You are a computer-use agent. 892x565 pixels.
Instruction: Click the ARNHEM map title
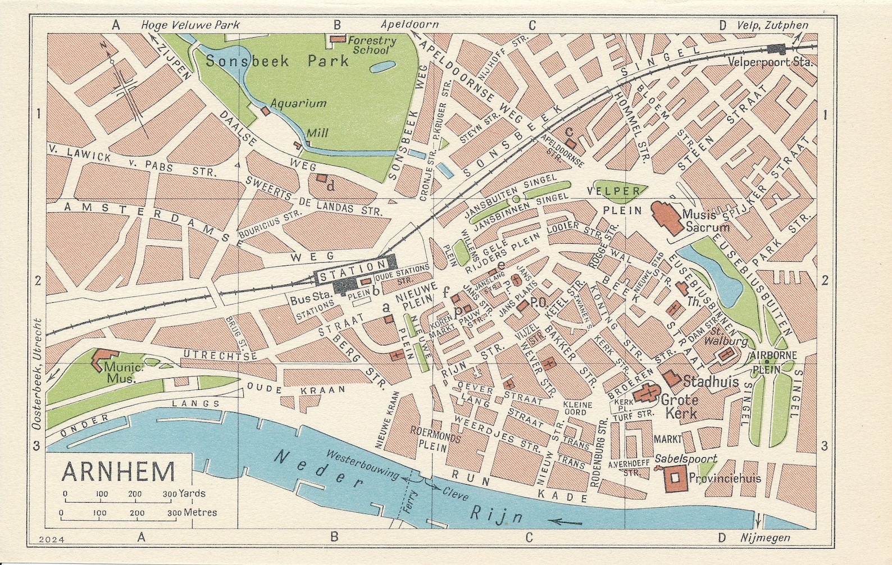(x=118, y=472)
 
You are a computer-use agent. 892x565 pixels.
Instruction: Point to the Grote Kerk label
(x=680, y=407)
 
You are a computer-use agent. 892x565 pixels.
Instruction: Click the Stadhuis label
(x=711, y=382)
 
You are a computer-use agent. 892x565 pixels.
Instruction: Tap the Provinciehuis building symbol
(x=676, y=478)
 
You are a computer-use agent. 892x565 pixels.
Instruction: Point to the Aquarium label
(x=298, y=103)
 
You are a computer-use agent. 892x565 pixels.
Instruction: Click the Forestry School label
(x=371, y=45)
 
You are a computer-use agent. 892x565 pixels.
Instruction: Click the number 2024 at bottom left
(x=52, y=539)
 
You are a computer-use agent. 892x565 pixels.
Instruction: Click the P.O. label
(x=538, y=302)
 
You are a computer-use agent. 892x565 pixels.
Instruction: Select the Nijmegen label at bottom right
(x=764, y=537)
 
